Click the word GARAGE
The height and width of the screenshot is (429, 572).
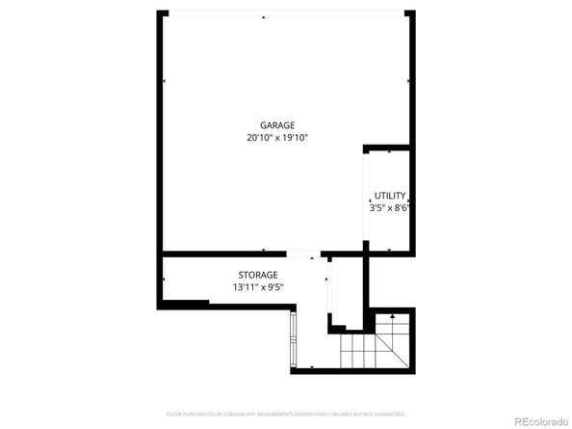[x=276, y=125]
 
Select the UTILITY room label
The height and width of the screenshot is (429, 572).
[x=390, y=195]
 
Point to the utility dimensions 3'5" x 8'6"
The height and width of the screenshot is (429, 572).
[x=390, y=207]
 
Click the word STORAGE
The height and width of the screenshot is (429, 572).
[x=258, y=275]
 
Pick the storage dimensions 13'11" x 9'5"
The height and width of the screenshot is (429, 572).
[x=258, y=287]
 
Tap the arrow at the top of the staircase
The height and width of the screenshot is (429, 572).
[x=391, y=316]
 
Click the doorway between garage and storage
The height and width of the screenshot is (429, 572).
[x=301, y=255]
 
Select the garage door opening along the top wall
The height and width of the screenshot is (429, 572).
[x=284, y=13]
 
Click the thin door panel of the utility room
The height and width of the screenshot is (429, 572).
[x=365, y=198]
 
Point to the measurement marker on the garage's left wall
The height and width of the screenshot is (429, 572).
[x=164, y=82]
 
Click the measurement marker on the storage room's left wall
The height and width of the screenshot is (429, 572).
[x=164, y=280]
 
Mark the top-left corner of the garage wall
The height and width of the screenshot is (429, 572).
[x=160, y=13]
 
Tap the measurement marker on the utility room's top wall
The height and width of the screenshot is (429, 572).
[x=388, y=151]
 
